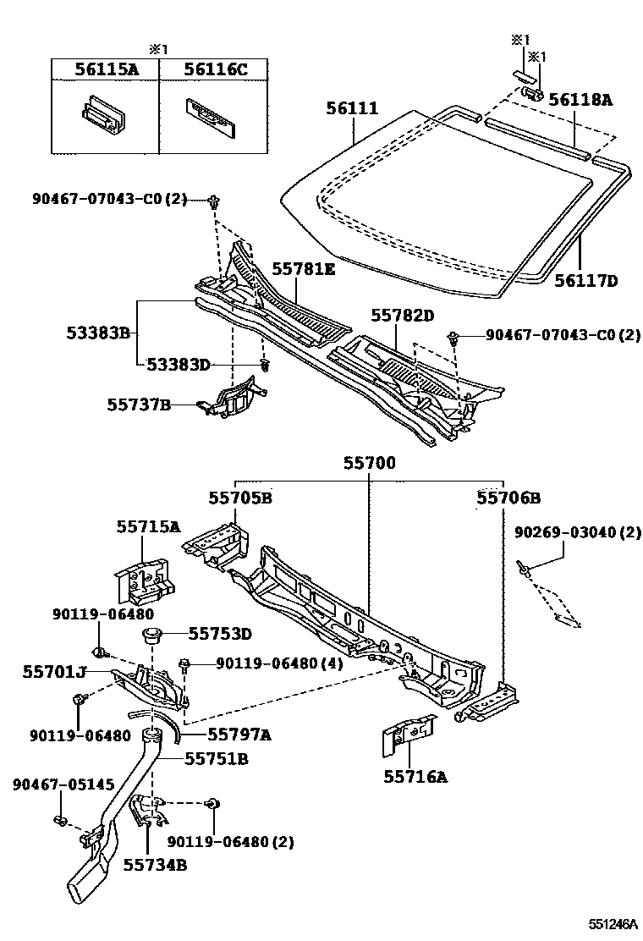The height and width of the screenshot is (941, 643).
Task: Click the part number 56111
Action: [x=352, y=109]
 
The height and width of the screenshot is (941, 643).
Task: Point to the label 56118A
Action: [x=580, y=99]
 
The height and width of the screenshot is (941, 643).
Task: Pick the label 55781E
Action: [x=303, y=270]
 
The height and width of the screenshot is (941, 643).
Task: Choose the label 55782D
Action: [x=402, y=316]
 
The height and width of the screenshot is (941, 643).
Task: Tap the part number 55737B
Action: [x=139, y=405]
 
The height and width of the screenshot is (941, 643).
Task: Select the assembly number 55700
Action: [x=369, y=465]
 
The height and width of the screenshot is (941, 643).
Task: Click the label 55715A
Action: [x=148, y=526]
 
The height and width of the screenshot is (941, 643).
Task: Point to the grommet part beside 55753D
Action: [x=152, y=636]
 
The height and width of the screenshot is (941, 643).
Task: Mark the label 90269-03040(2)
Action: [x=578, y=533]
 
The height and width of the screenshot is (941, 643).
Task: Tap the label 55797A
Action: [x=239, y=735]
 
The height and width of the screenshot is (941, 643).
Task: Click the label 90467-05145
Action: [x=63, y=784]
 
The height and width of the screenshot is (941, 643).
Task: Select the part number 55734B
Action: [x=155, y=864]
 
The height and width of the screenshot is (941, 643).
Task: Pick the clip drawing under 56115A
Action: [x=101, y=113]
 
